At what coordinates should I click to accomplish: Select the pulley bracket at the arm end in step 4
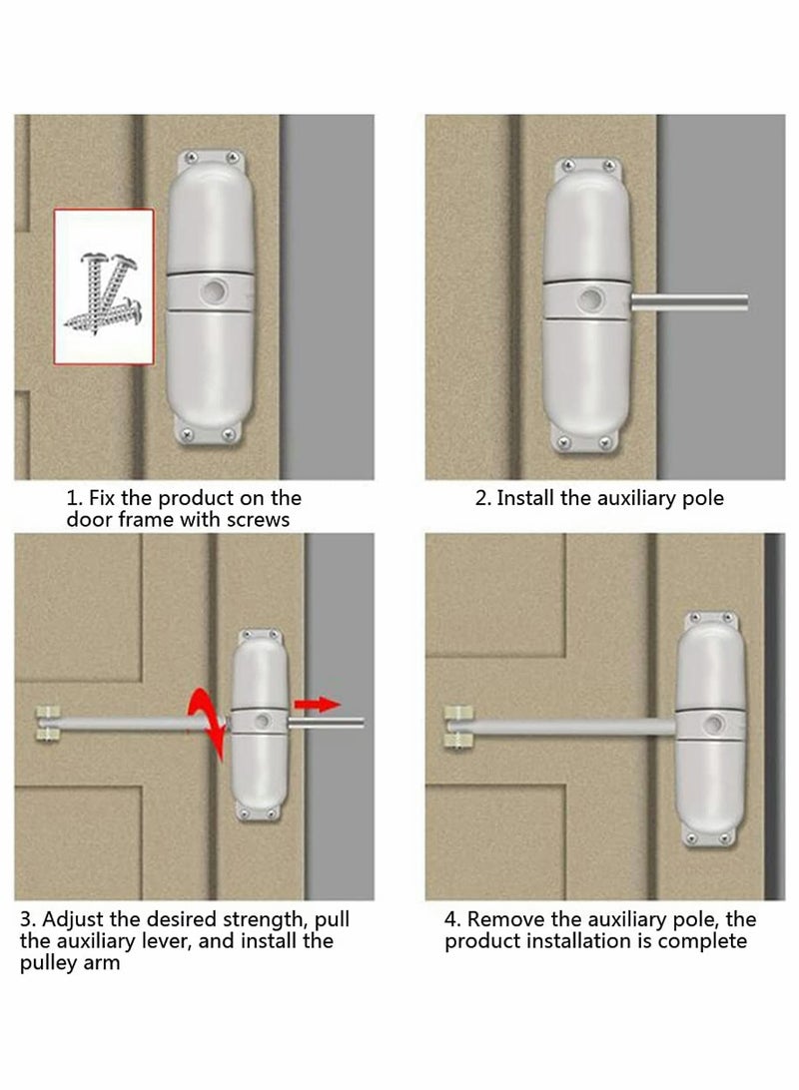coord(457,726)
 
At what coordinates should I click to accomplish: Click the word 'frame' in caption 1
coord(140,520)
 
